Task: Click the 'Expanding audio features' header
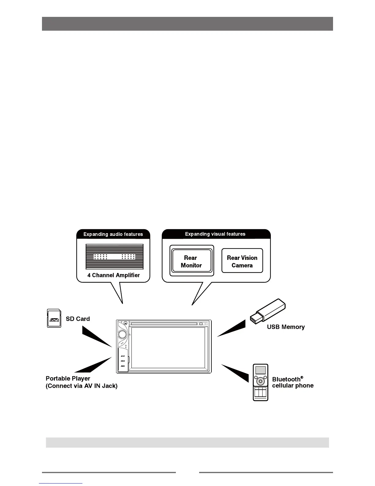click(x=113, y=234)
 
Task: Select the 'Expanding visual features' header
click(x=215, y=234)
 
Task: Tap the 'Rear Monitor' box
click(x=191, y=261)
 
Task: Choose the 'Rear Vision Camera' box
click(x=242, y=261)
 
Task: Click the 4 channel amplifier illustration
click(x=114, y=256)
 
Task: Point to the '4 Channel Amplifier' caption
click(x=113, y=275)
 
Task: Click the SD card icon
click(x=54, y=318)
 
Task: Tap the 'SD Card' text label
click(x=78, y=319)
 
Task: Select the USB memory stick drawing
click(x=268, y=311)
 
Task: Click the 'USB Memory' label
click(x=286, y=327)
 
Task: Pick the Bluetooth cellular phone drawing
click(x=260, y=382)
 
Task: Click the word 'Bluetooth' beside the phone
click(x=286, y=379)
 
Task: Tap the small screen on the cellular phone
click(x=260, y=370)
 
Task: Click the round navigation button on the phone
click(x=260, y=381)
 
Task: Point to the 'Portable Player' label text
click(x=68, y=378)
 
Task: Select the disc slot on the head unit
click(x=164, y=324)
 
